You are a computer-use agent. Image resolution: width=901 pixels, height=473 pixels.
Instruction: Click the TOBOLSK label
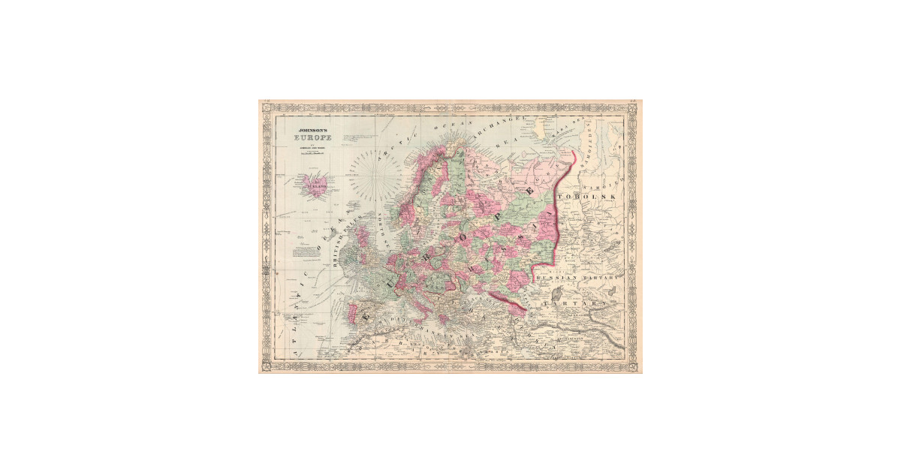pos(596,196)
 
